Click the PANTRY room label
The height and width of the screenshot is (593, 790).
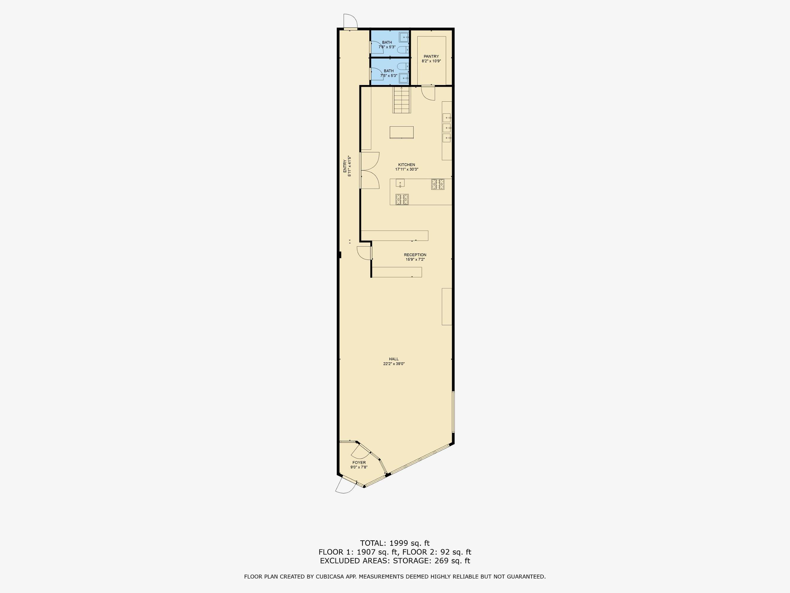[431, 56]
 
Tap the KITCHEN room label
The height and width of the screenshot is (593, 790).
[406, 165]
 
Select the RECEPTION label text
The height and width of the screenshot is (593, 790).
[415, 255]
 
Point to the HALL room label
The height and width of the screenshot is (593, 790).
[394, 359]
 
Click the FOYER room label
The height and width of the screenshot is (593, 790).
[359, 463]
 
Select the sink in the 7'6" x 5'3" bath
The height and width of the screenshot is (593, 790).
[404, 37]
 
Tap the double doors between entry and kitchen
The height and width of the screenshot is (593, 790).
[370, 170]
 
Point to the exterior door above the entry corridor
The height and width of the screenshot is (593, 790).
[350, 21]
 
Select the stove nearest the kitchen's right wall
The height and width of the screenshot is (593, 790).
[438, 184]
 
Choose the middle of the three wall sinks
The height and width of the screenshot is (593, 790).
[447, 127]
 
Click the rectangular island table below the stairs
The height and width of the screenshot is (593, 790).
[402, 132]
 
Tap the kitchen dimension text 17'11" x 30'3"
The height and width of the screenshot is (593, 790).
[406, 169]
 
